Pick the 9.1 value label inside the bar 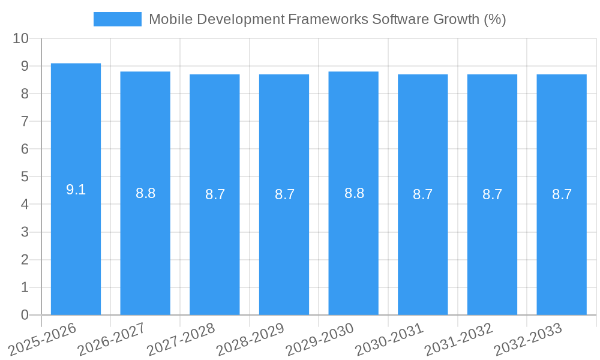(x=76, y=190)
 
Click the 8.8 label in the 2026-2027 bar (x=145, y=193)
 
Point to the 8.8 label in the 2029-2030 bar (x=354, y=193)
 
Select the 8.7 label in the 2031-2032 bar (x=492, y=194)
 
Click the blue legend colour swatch (x=118, y=19)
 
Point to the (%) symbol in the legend (x=494, y=19)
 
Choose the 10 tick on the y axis (x=21, y=38)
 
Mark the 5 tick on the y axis (x=25, y=177)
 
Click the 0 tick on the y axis (x=25, y=315)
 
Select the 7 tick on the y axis (x=25, y=121)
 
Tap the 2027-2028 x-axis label (x=181, y=339)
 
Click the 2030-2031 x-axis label (x=390, y=339)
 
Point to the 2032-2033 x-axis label (x=529, y=339)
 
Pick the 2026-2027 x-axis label (x=112, y=339)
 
